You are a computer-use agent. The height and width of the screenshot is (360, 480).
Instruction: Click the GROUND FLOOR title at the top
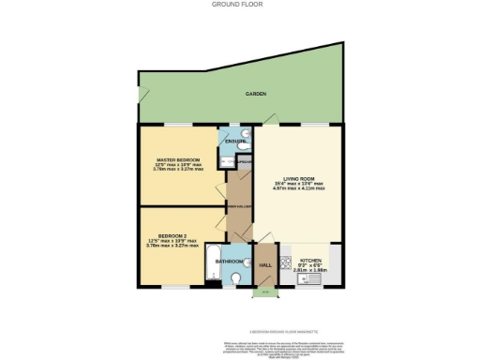pos(239,5)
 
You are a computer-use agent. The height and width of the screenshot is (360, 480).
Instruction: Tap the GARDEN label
pos(256,95)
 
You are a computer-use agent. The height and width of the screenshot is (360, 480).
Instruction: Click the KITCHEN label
pos(310,259)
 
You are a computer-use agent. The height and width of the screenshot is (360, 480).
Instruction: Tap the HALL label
pos(264,265)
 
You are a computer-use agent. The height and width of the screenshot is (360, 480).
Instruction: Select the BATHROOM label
pos(230,261)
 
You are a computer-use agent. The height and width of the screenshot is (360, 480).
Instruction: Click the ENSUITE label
pos(235,142)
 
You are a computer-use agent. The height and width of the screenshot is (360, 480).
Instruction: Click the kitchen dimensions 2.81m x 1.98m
pos(310,272)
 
